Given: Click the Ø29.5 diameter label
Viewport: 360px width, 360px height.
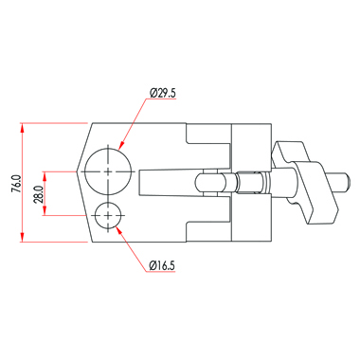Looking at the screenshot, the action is [x=163, y=93].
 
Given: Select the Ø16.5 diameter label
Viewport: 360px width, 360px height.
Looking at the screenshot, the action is [x=162, y=265].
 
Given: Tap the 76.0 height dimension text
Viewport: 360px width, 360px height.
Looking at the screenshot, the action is [x=16, y=184].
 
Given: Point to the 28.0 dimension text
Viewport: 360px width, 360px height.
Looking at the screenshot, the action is [x=39, y=194].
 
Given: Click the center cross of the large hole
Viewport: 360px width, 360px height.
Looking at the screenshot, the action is [x=108, y=171].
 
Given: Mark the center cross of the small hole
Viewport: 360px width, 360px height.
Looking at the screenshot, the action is [x=108, y=215].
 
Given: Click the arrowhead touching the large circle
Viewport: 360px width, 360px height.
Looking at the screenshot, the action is [x=121, y=145].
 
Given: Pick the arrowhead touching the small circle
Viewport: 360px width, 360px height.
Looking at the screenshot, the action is [x=119, y=230].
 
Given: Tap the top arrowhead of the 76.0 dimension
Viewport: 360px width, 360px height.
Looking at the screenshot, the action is [x=22, y=128].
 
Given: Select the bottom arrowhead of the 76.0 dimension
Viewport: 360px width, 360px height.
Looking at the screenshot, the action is [x=22, y=237].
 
